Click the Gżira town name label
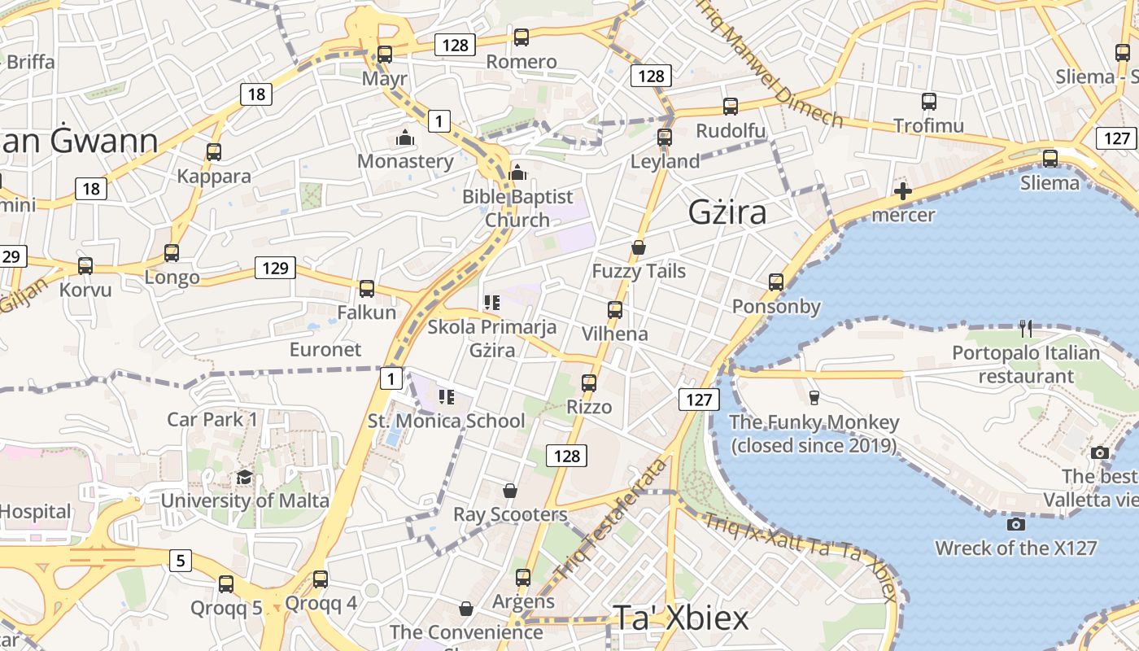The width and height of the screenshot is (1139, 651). [727, 212]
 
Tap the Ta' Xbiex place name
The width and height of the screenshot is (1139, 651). [680, 618]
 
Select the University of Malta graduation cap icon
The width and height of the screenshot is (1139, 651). [244, 477]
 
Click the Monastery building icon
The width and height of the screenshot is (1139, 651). [404, 138]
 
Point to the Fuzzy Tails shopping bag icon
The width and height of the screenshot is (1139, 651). [639, 247]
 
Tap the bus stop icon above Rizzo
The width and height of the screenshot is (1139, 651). [589, 382]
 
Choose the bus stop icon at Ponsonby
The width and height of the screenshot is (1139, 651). [776, 282]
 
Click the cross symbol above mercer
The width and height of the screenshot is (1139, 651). [902, 192]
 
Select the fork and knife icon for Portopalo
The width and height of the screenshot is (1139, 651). [1025, 329]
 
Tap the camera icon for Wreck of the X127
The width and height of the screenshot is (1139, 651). [1015, 524]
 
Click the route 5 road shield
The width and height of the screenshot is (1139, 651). [181, 560]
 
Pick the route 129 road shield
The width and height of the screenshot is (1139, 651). [275, 267]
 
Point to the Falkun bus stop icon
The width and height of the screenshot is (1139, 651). [367, 288]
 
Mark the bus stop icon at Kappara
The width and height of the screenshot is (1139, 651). [214, 152]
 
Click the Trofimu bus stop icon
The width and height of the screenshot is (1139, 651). [929, 102]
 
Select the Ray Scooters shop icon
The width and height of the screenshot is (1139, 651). [509, 491]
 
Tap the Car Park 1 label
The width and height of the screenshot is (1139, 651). [212, 419]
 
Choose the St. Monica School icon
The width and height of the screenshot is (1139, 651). [446, 397]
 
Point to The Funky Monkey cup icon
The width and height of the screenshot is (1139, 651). [814, 397]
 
